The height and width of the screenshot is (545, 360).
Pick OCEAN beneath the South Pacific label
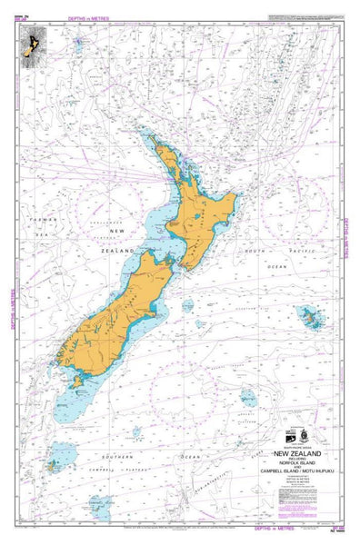tap(277, 267)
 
